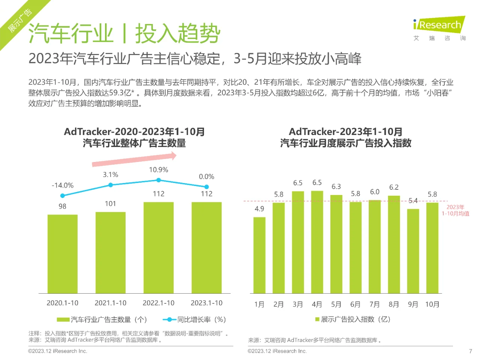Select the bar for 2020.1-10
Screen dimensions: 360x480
click(63, 253)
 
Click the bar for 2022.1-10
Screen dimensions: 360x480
click(159, 247)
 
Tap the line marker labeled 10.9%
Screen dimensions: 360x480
click(159, 180)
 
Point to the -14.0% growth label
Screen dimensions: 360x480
click(63, 185)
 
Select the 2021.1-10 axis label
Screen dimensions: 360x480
click(110, 303)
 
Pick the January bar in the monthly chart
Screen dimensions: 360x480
click(259, 255)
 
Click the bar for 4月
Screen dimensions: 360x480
click(317, 242)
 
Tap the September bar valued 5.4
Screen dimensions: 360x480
click(413, 251)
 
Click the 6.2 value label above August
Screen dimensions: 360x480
click(394, 187)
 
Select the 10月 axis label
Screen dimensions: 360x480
click(432, 304)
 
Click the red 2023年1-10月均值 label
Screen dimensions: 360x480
click(455, 210)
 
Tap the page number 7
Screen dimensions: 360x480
click(470, 351)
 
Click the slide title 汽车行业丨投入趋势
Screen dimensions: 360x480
click(124, 33)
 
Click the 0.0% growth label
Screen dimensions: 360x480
click(206, 177)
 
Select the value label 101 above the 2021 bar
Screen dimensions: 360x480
click(110, 204)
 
